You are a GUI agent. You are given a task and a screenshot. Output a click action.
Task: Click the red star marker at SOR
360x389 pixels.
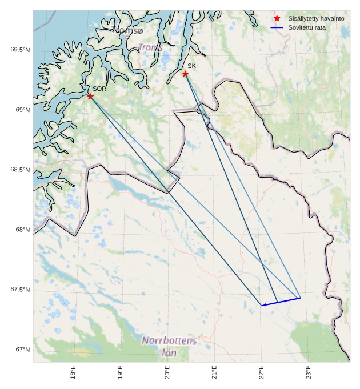pyautogui.click(x=90, y=96)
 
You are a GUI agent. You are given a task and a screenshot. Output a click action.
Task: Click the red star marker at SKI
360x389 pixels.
pyautogui.click(x=185, y=74)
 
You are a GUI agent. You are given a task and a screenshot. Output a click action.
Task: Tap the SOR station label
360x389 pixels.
pyautogui.click(x=99, y=89)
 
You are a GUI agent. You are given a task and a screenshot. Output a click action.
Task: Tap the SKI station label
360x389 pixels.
pyautogui.click(x=193, y=66)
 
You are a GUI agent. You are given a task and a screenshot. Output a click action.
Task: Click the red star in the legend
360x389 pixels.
pyautogui.click(x=277, y=18)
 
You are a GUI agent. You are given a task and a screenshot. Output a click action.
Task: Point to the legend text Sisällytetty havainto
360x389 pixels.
pyautogui.click(x=316, y=18)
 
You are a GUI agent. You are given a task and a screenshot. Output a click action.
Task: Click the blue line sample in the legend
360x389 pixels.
pyautogui.click(x=277, y=27)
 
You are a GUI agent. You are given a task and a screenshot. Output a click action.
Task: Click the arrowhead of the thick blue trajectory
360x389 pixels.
pyautogui.click(x=263, y=305)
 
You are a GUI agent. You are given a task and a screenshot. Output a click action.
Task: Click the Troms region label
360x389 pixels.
pyautogui.click(x=150, y=47)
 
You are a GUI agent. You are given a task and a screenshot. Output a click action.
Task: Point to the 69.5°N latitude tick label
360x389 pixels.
pyautogui.click(x=20, y=50)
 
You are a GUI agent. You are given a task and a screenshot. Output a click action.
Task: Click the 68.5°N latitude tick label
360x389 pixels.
pyautogui.click(x=20, y=170)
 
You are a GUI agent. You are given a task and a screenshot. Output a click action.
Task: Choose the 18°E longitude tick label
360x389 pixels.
pyautogui.click(x=73, y=372)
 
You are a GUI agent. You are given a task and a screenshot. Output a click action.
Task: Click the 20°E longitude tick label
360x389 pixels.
pyautogui.click(x=167, y=372)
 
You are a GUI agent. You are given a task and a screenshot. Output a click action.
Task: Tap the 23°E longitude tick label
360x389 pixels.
pyautogui.click(x=309, y=372)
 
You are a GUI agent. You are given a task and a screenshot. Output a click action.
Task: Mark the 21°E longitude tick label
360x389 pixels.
pyautogui.click(x=214, y=372)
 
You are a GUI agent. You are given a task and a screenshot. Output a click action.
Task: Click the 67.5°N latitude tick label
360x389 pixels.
pyautogui.click(x=20, y=290)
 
